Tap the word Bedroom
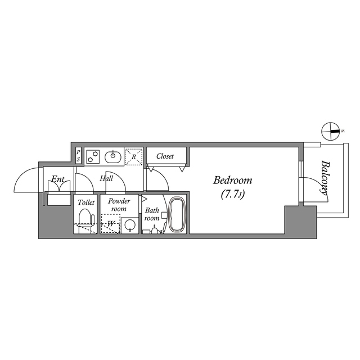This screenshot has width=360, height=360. [232, 181]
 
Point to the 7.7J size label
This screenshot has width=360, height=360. [232, 195]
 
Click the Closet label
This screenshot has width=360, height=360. [165, 156]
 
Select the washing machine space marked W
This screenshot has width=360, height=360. [111, 223]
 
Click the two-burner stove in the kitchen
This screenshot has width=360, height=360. [93, 156]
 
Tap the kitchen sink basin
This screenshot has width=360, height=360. [114, 156]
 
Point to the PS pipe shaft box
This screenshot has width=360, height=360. [78, 156]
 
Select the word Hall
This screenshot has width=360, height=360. [106, 178]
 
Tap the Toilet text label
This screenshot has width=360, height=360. [85, 201]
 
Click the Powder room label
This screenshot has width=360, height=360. [119, 204]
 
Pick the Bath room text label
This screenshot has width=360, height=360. [152, 214]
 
